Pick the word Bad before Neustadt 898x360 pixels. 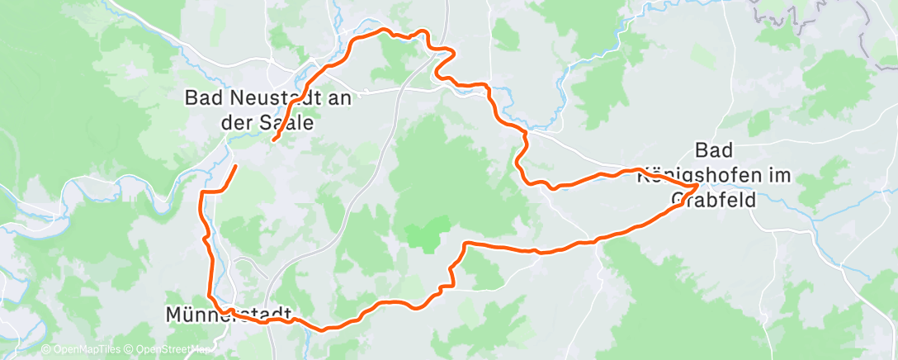click(204, 98)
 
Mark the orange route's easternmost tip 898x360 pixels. click(698, 185)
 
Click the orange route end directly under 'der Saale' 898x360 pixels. click(273, 140)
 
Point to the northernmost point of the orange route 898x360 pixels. click(384, 31)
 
